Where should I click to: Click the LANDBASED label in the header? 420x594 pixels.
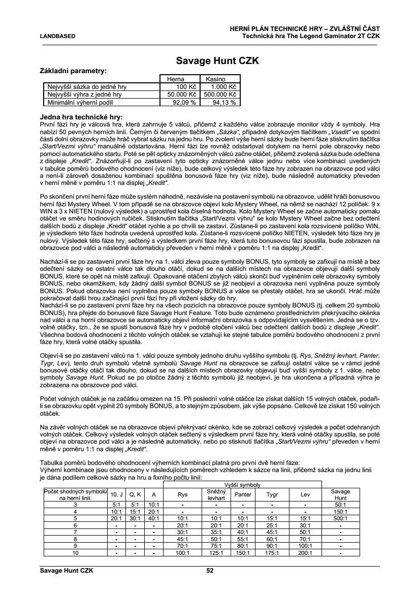tap(57, 36)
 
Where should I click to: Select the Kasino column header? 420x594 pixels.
tap(215, 79)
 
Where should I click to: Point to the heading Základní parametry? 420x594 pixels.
tap(73, 71)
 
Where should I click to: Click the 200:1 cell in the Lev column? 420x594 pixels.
tap(305, 553)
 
